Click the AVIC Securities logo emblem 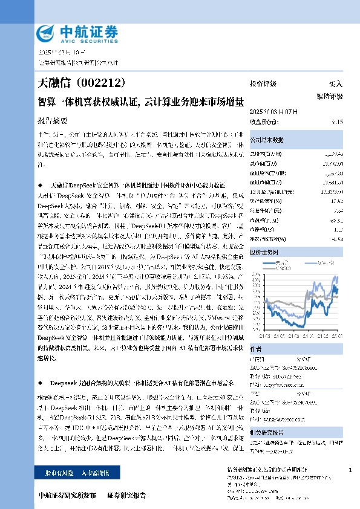47,33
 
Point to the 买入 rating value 335,83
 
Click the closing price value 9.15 338,121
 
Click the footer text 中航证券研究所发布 67,496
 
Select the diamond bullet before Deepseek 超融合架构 40,383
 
